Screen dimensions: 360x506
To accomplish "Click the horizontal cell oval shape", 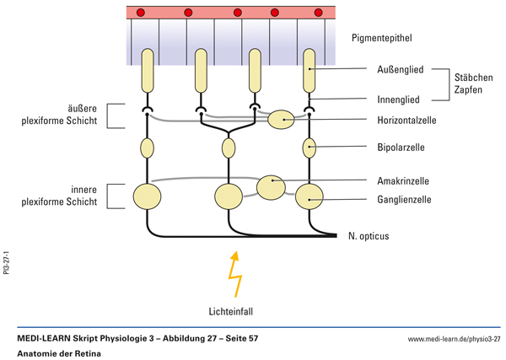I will pos(282,120).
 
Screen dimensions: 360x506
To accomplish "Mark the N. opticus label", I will pos(369,236).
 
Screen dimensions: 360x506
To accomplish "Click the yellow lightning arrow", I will pos(232,273).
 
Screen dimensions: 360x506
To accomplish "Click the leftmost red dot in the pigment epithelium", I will pos(141,13).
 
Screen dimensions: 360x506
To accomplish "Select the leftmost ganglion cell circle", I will pos(148,196).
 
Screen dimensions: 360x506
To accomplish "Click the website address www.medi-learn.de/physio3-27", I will pos(454,338).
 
